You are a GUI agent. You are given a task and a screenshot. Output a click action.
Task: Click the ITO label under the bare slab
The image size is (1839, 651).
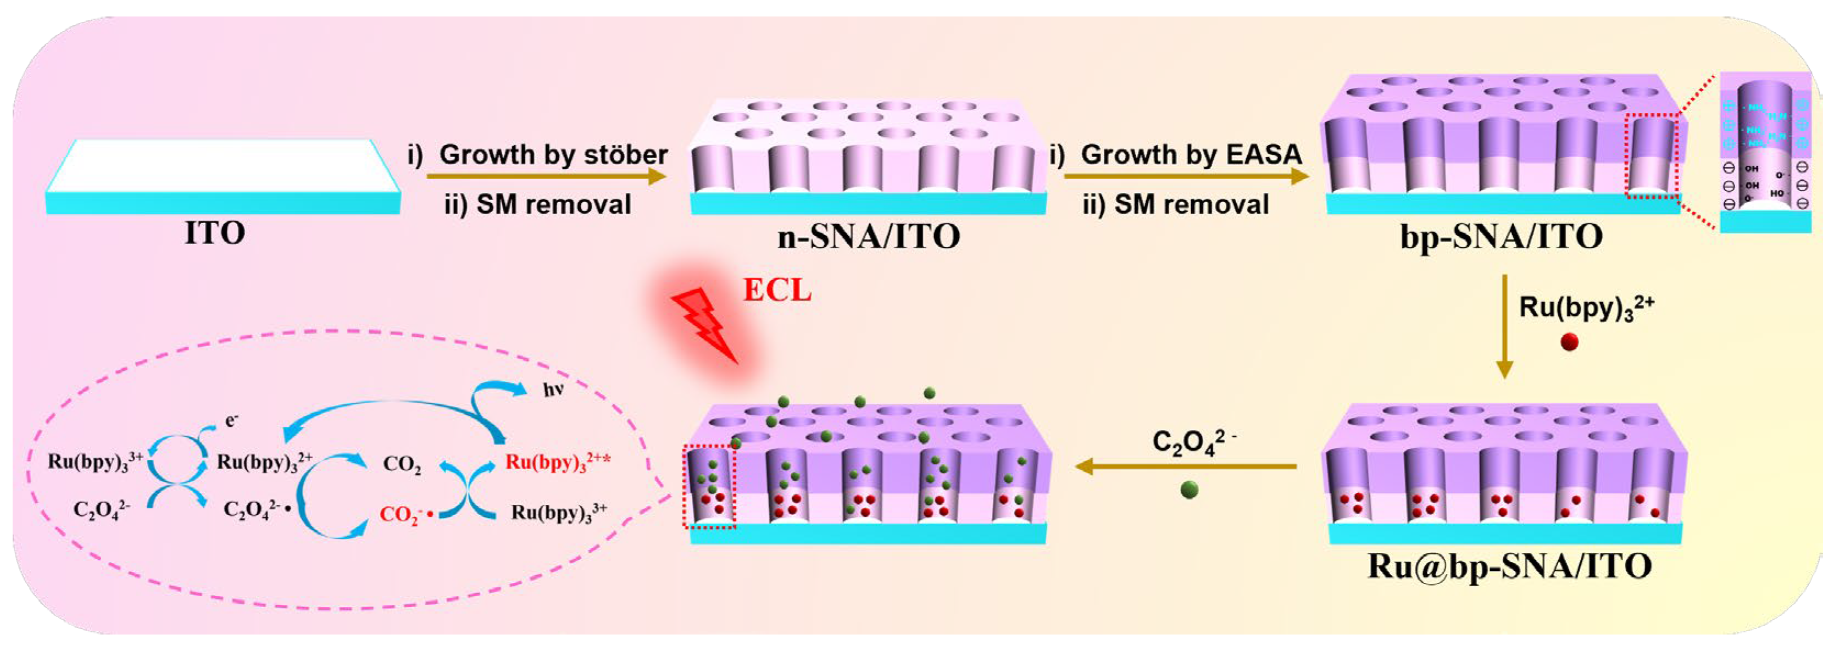215,233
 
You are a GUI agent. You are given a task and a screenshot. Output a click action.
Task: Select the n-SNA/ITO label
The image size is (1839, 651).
868,236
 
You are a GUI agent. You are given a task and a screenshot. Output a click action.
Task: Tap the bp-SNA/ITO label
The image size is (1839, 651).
1501,236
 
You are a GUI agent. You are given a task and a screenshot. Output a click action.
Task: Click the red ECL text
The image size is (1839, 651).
777,291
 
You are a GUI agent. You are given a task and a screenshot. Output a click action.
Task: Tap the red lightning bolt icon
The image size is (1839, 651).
704,325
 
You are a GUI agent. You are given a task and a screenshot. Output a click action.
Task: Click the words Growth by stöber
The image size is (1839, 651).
553,154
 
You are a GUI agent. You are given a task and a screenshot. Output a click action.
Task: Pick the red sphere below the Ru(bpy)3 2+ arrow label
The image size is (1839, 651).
1569,343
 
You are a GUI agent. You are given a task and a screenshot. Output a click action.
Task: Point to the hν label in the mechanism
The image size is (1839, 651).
553,390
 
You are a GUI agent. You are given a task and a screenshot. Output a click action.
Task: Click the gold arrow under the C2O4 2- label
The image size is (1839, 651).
1185,467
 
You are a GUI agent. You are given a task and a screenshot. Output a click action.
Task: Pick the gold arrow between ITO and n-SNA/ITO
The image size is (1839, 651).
546,176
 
